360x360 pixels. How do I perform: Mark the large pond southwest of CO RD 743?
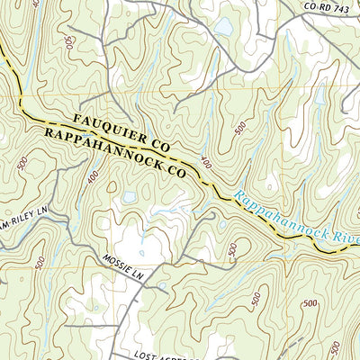click(221, 27)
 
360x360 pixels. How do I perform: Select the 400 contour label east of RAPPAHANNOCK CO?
click(208, 163)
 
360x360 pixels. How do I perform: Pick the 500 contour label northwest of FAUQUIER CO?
click(70, 42)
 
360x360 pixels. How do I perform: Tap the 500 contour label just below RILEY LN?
click(40, 263)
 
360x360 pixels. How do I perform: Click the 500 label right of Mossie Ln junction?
click(232, 248)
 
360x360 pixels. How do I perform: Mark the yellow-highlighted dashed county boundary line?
click(216, 191)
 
